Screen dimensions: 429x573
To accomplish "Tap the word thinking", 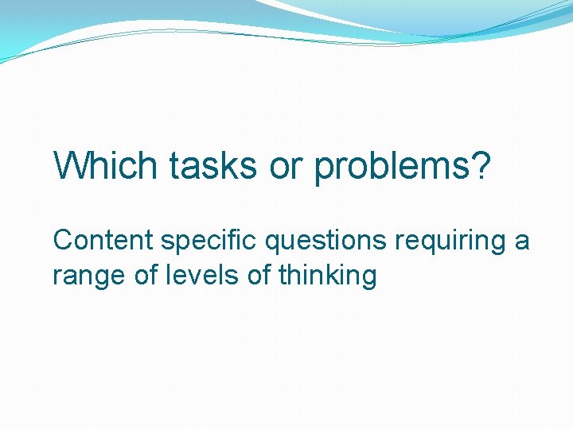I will pos(328,276).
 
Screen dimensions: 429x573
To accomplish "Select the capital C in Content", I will pos(62,240).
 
